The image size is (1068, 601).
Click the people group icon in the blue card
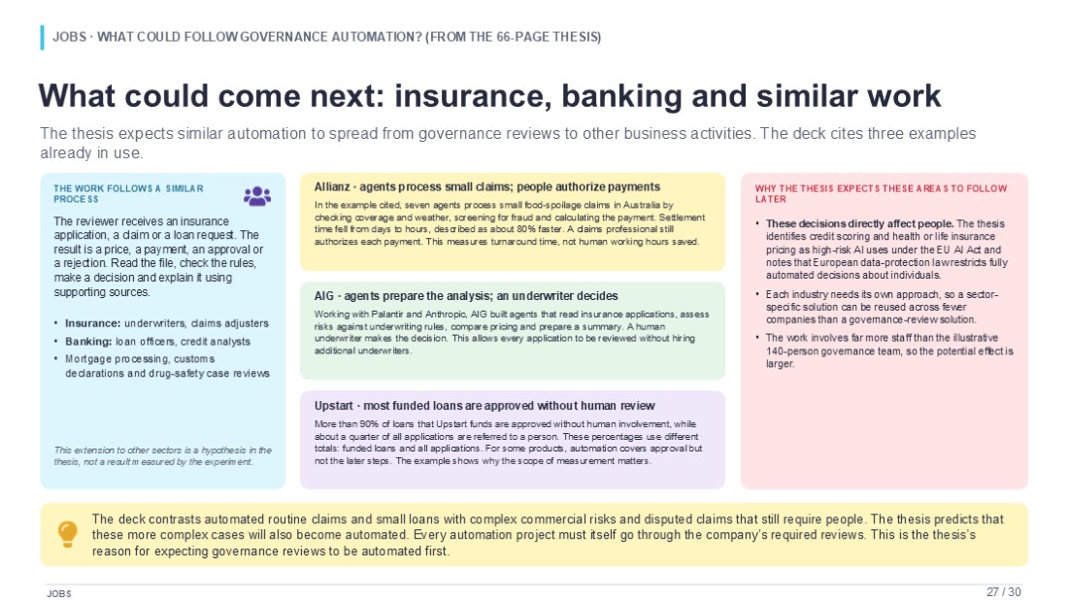point(256,196)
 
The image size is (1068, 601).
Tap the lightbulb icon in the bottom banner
point(67,534)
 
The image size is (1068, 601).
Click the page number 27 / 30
point(1003,592)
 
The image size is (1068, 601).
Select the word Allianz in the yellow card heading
point(332,186)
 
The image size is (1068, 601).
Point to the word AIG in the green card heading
point(324,296)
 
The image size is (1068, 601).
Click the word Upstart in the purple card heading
point(334,406)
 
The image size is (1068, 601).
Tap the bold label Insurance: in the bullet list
point(92,323)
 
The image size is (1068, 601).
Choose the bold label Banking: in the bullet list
point(88,342)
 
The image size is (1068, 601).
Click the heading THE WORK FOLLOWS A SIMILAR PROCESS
point(129,193)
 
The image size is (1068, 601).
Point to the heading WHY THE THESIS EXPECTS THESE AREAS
point(881,193)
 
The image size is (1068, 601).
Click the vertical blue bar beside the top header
point(42,38)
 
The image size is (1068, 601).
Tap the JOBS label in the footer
point(59,593)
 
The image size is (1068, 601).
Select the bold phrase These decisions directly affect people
point(859,223)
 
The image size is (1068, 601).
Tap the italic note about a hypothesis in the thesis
point(163,456)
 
